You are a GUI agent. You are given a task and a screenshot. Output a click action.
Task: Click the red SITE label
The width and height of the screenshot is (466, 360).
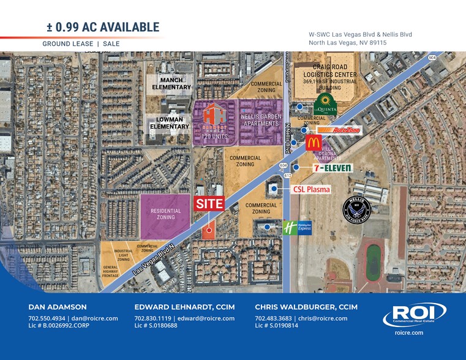(209, 204)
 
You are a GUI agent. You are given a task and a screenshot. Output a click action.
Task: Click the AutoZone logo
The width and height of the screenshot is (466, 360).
(339, 130)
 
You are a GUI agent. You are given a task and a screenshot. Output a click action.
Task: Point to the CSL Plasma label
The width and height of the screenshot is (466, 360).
(311, 189)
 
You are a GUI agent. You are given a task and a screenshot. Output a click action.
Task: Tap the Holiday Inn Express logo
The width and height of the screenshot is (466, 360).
(296, 228)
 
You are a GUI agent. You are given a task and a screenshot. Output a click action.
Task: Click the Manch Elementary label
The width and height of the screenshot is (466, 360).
(172, 83)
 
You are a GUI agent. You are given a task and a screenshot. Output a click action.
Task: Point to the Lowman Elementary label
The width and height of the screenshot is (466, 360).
(170, 123)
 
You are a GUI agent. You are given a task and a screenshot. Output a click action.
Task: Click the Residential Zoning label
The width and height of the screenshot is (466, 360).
(166, 214)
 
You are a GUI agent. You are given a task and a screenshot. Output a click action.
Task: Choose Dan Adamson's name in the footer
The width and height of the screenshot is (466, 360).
(58, 307)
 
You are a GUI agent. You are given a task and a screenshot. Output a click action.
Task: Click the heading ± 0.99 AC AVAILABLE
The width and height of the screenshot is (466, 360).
(103, 27)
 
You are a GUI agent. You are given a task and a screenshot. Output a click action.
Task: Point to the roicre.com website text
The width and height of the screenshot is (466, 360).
(409, 332)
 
